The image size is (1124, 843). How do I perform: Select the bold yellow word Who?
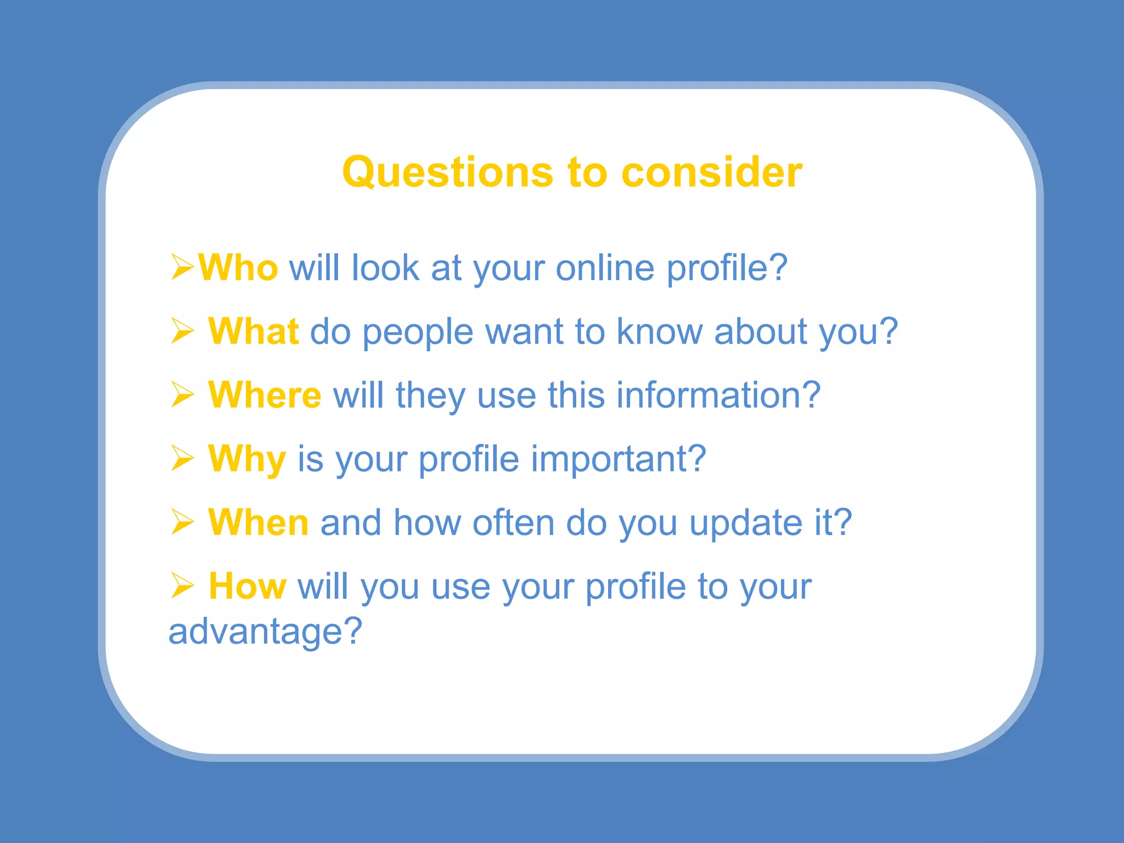[238, 268]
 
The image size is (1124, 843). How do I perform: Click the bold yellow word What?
[254, 331]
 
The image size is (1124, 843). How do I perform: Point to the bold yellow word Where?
[265, 395]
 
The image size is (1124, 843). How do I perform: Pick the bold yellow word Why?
[247, 459]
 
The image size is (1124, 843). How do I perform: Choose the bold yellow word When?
[258, 522]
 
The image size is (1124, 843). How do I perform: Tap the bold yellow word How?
[248, 586]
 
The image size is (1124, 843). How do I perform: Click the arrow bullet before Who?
[182, 267]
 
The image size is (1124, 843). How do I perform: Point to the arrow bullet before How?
[182, 586]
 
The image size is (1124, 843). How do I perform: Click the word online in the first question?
[605, 268]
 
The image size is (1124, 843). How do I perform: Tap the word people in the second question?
[418, 333]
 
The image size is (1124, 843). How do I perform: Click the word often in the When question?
[514, 522]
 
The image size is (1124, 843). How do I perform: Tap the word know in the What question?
[659, 331]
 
